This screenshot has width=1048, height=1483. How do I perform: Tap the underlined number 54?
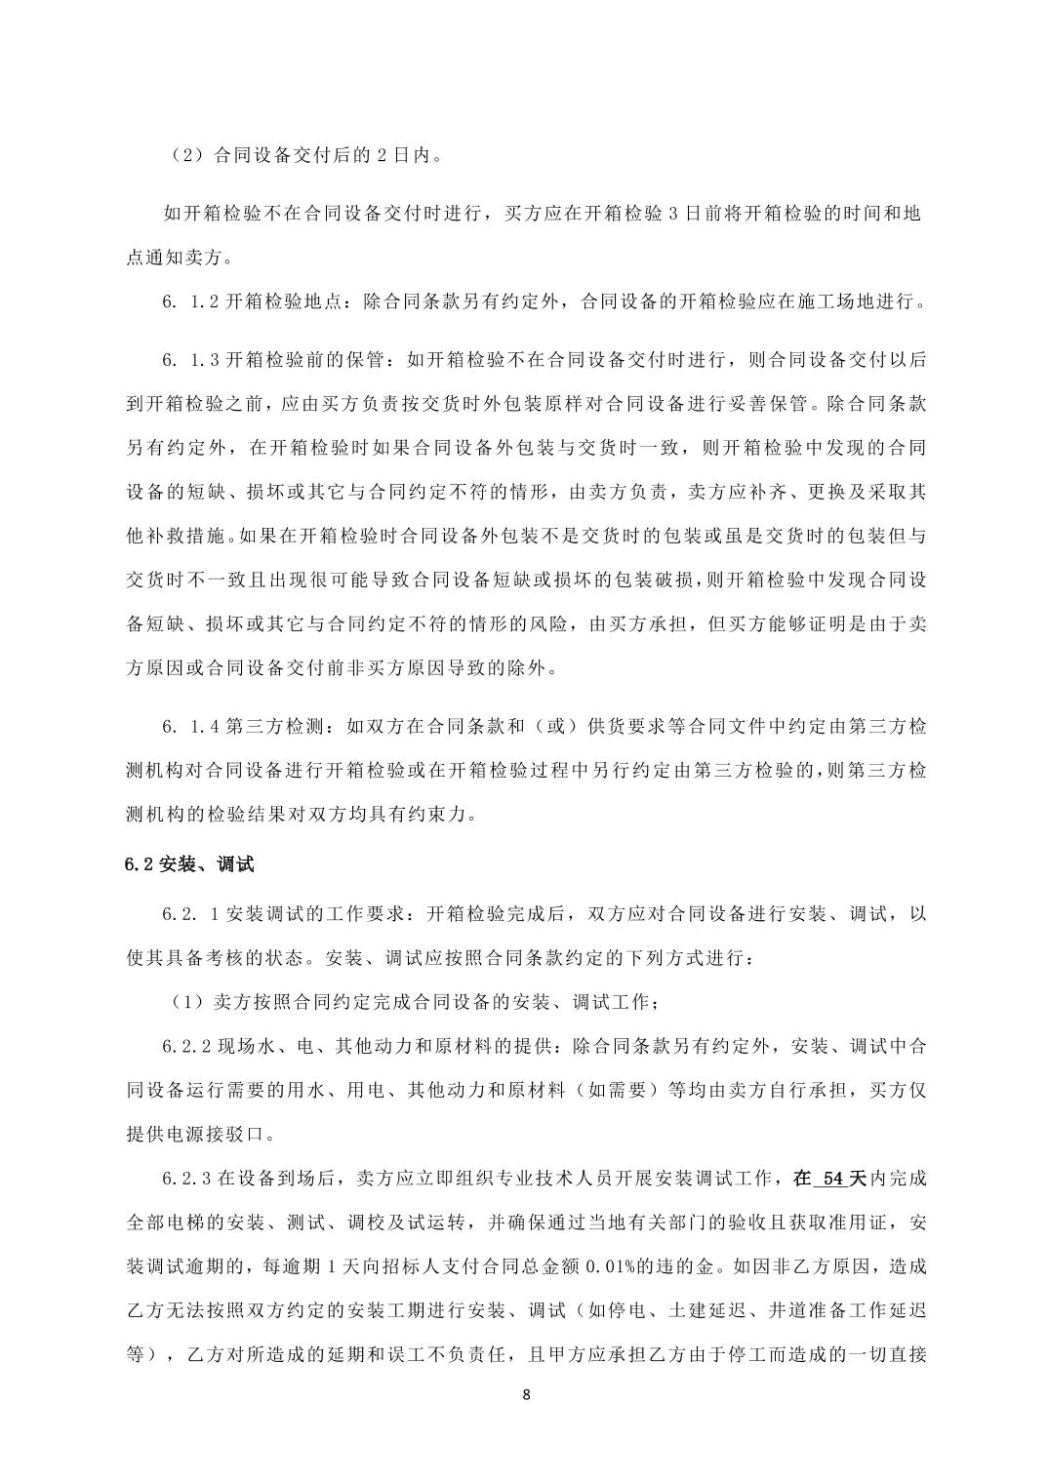(x=832, y=1179)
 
